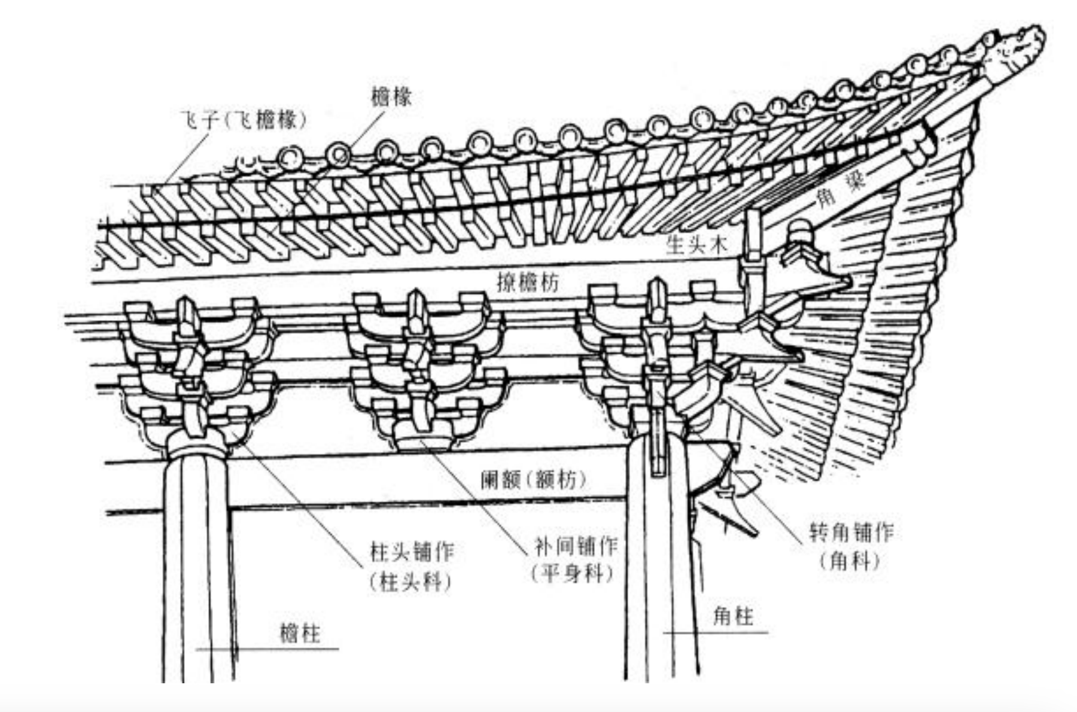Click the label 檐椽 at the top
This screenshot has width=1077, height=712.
[x=391, y=97]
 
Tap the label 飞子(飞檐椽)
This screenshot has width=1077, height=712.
[x=244, y=121]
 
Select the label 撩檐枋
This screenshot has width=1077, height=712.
[x=528, y=282]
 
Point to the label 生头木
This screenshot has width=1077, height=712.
[x=696, y=245]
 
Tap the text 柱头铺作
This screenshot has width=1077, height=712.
[x=412, y=552]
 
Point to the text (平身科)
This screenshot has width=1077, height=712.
[x=573, y=574]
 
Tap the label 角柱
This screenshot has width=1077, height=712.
[x=734, y=616]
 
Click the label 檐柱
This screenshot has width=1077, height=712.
[x=300, y=634]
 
